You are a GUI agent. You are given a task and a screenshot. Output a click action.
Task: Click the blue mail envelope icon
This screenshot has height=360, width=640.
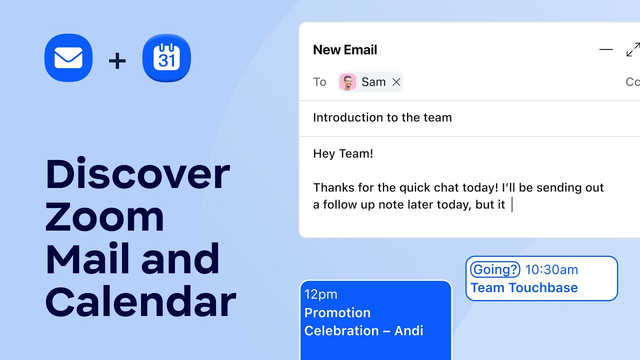(68, 58)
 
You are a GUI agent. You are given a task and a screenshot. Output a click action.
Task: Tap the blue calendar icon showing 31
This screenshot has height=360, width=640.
(166, 58)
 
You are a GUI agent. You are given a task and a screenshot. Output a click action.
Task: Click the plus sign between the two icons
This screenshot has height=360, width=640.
(117, 61)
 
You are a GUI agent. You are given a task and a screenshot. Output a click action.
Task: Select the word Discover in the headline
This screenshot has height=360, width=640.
(137, 174)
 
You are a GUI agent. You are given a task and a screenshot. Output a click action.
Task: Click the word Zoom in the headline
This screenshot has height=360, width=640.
(104, 216)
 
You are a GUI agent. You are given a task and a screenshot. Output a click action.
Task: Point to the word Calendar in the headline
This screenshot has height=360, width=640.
(140, 301)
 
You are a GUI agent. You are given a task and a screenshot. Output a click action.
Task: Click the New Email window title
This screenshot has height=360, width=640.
(345, 50)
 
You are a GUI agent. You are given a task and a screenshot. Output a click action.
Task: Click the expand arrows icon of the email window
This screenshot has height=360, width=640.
(632, 50)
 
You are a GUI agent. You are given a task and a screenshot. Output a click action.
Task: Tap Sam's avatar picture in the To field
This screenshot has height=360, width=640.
(347, 82)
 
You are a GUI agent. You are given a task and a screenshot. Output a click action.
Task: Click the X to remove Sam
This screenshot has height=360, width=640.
(396, 82)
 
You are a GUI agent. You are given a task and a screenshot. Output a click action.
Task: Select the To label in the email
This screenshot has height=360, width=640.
(319, 82)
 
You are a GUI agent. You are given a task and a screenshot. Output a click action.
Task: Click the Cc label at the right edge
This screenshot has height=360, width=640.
(632, 82)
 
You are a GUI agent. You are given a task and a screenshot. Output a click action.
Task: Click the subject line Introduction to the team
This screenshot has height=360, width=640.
(382, 117)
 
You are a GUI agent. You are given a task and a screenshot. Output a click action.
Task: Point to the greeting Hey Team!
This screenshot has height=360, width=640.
(343, 153)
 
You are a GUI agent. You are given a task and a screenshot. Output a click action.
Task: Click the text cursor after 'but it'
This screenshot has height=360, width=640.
(512, 205)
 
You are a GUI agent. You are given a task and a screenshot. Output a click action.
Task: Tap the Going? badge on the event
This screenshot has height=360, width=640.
(495, 270)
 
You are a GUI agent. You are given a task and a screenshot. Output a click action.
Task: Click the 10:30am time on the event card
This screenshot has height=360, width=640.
(551, 270)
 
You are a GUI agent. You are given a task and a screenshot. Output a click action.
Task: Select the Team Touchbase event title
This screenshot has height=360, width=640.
(524, 287)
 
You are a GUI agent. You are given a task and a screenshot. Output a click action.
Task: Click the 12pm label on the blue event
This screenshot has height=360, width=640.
(320, 294)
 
